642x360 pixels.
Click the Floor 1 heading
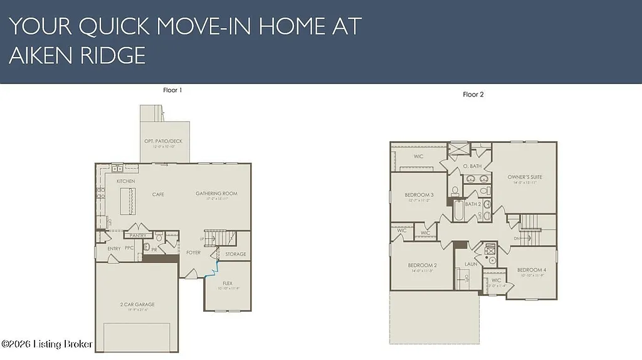click(x=172, y=90)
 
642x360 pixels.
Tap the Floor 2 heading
click(x=473, y=95)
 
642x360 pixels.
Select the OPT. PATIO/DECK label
click(x=163, y=141)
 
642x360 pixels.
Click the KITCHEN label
click(x=125, y=181)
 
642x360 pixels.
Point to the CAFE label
click(x=158, y=194)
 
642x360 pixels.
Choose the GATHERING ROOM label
click(x=216, y=194)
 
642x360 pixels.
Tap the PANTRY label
click(x=138, y=236)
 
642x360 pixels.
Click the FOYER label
click(x=193, y=253)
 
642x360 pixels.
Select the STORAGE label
click(x=236, y=254)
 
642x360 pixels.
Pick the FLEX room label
click(x=228, y=283)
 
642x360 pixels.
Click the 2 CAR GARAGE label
click(x=137, y=305)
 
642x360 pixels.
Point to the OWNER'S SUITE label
click(x=525, y=177)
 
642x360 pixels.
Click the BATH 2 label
click(x=473, y=204)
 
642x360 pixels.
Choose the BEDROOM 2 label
click(x=422, y=265)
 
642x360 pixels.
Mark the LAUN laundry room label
click(x=471, y=264)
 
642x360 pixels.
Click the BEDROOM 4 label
click(x=531, y=270)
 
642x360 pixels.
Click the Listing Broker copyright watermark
click(x=47, y=344)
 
